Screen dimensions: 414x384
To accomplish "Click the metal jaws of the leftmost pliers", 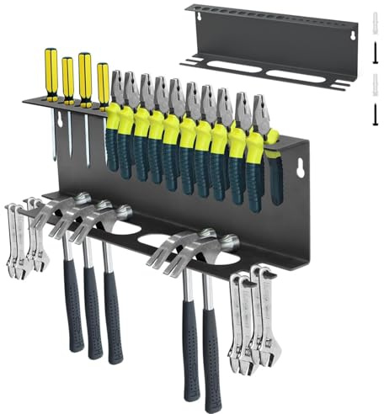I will (117, 87).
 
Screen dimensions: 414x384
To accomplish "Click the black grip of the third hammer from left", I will (113, 320).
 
